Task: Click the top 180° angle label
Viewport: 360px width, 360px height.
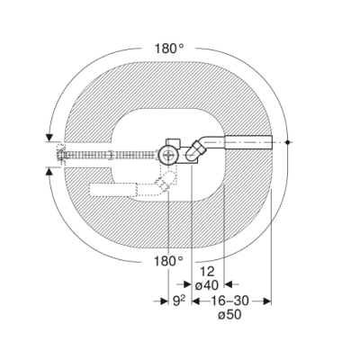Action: tap(169, 49)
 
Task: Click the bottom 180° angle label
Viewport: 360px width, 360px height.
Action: tap(168, 261)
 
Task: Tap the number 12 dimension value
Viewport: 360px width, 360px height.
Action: tap(207, 272)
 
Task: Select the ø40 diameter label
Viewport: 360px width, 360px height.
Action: tap(207, 285)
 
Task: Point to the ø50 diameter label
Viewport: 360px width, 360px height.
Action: tap(229, 315)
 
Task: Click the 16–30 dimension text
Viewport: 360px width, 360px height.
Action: tap(230, 301)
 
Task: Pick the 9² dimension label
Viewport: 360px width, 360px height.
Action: tap(179, 301)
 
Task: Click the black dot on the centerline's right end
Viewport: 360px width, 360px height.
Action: tap(287, 142)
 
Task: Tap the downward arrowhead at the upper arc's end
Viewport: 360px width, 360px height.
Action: tap(49, 138)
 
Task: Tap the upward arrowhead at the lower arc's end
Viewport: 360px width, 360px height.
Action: tap(49, 171)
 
